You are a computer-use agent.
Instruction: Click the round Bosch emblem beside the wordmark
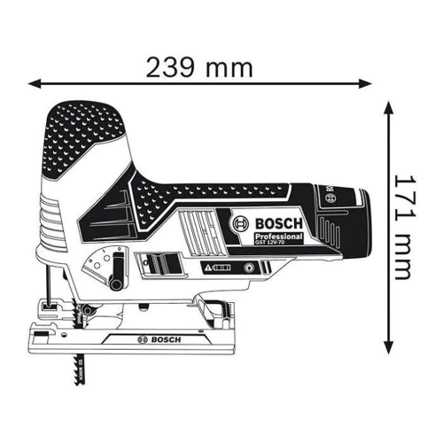pos(240,225)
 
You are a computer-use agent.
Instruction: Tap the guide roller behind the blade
pos(89,312)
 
